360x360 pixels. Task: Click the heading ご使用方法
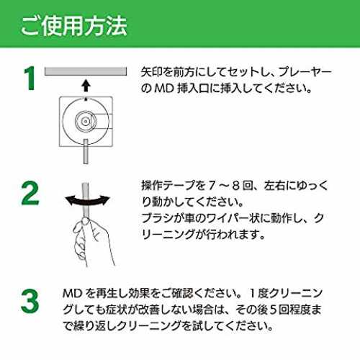coord(73,26)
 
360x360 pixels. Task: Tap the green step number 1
coord(30,78)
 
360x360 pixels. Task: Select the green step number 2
coord(30,193)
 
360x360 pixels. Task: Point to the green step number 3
coord(30,301)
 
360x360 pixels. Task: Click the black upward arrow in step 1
coord(86,86)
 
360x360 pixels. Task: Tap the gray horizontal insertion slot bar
coord(86,71)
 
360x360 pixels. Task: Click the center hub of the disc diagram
coord(86,121)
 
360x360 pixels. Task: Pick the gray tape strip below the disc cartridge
coord(86,151)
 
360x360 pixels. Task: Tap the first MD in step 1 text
coord(164,89)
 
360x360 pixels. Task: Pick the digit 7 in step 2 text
coord(212,186)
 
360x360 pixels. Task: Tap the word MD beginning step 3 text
coord(73,293)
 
